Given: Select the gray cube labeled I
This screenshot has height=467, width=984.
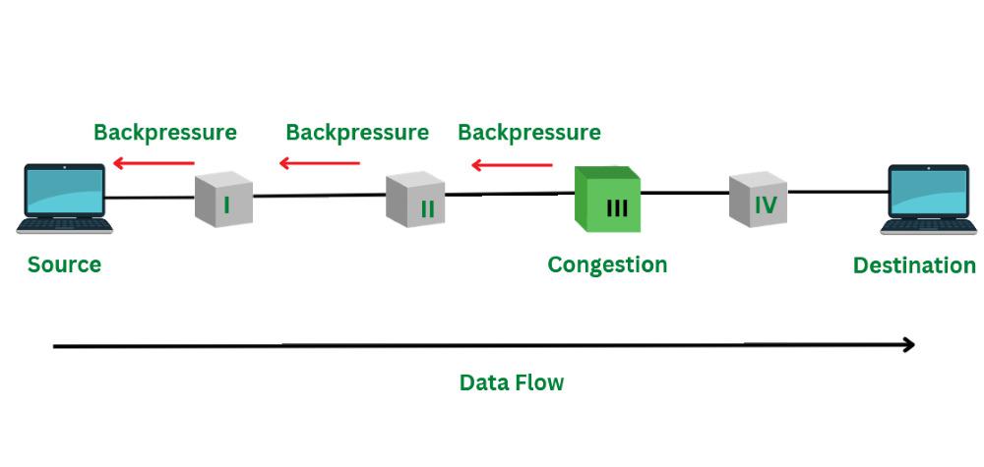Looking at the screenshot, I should click(223, 201).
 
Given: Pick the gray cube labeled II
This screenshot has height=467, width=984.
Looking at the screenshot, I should click(416, 201).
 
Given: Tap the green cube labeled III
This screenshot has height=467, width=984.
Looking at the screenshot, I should click(607, 200).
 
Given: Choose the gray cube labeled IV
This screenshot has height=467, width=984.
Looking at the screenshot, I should click(759, 200).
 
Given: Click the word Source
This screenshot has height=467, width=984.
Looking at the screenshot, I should click(64, 264).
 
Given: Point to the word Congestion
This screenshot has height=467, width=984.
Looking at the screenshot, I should click(607, 264).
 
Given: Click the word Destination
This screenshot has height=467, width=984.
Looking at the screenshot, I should click(914, 265).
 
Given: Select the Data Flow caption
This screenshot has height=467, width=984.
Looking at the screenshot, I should click(512, 382).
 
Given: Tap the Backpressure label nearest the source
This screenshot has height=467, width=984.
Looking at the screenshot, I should click(165, 132).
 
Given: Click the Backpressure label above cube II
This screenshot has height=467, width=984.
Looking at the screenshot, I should click(357, 132).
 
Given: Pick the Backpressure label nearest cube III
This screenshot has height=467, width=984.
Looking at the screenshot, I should click(529, 132).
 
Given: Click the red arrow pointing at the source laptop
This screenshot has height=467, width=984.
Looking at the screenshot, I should click(154, 163).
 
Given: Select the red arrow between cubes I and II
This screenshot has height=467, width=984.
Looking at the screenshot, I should click(320, 163).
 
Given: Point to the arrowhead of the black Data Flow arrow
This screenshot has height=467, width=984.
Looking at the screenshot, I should click(908, 345).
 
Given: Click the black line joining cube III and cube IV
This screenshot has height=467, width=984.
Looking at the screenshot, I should click(685, 194).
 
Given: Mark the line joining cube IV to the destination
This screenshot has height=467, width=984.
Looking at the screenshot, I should click(836, 192).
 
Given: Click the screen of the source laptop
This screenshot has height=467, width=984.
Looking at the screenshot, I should click(65, 191).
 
